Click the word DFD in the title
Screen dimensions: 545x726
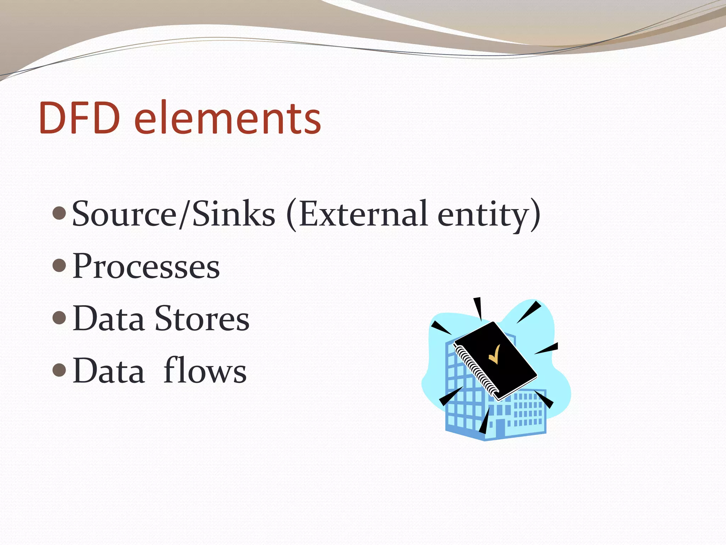[x=79, y=118]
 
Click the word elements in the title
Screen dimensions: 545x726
[x=228, y=118]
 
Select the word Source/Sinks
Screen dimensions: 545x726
[x=173, y=214]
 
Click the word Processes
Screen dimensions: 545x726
[x=146, y=266]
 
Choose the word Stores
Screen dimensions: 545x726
[x=202, y=319]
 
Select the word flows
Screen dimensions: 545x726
[x=205, y=371]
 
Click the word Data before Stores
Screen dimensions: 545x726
[x=108, y=319]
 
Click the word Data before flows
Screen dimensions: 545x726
[x=108, y=371]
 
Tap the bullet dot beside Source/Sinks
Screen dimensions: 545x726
[x=59, y=213]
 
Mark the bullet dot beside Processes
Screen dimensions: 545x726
[x=59, y=265]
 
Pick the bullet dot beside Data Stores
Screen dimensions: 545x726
[x=59, y=318]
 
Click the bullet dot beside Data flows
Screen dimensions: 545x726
[x=59, y=370]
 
